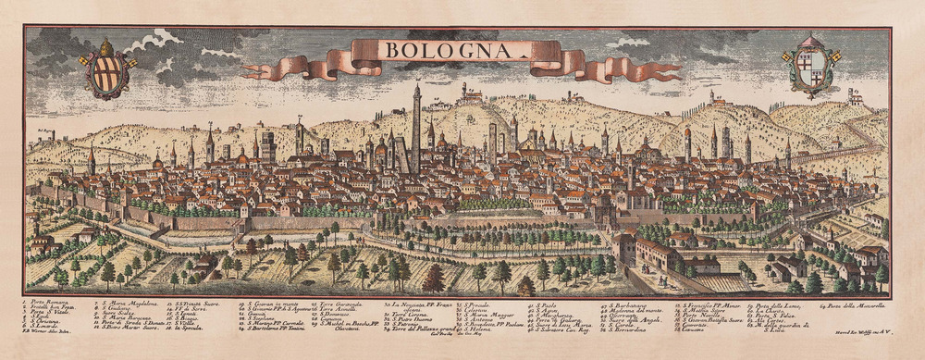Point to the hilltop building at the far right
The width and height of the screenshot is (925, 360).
click(856, 96)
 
